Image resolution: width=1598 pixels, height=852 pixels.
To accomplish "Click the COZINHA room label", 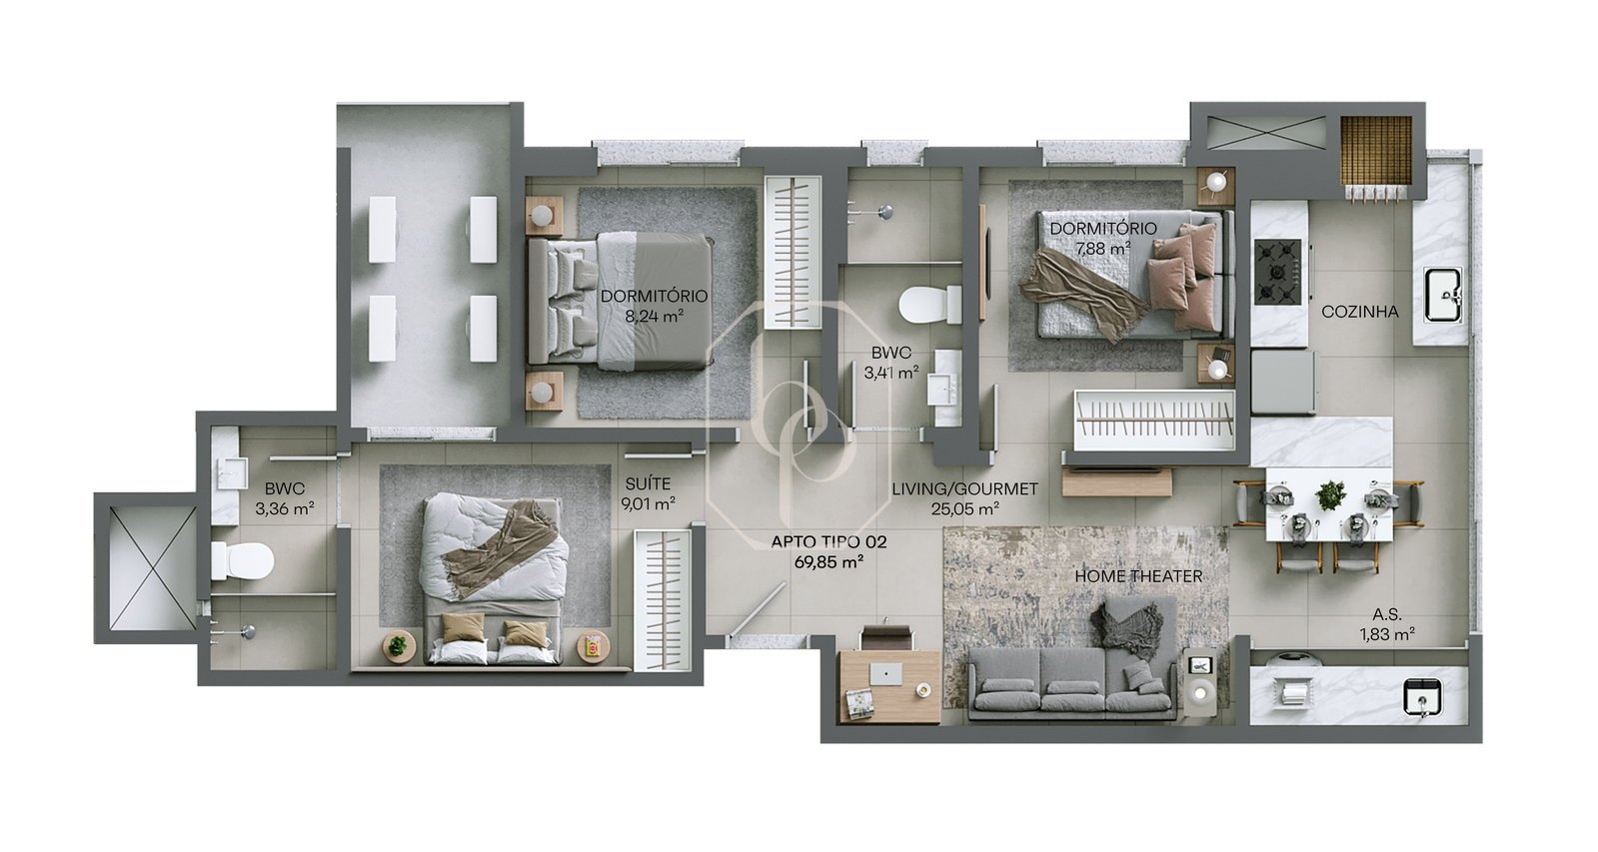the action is click(x=1360, y=312).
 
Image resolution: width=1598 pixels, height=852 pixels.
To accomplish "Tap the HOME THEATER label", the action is click(x=1138, y=576).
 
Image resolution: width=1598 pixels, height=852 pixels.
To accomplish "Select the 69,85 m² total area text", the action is click(x=828, y=561).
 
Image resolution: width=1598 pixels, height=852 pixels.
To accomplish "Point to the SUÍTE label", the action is click(x=648, y=484).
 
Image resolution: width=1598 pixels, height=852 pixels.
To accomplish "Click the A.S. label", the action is click(x=1387, y=614).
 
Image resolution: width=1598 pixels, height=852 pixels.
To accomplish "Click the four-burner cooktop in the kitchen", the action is click(x=1277, y=272).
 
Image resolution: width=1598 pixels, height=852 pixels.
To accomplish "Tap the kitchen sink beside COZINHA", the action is click(x=1443, y=295).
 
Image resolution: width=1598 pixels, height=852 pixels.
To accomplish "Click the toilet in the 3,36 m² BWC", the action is click(x=242, y=560).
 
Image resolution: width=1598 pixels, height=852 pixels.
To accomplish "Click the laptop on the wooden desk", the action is click(x=886, y=674).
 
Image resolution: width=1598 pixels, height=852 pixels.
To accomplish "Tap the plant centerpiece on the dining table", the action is click(x=1330, y=495).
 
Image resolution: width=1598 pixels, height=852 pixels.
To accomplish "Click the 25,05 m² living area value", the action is click(x=964, y=509).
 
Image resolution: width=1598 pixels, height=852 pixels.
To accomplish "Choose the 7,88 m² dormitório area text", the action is click(x=1103, y=248).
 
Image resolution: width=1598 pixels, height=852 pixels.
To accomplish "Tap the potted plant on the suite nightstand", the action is click(x=398, y=646).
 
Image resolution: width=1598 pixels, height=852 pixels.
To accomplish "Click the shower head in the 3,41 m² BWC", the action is click(x=883, y=212).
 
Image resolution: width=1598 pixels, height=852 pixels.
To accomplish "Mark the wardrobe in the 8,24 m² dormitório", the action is click(x=793, y=253).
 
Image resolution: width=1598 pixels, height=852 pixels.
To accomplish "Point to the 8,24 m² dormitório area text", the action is click(x=655, y=316).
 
